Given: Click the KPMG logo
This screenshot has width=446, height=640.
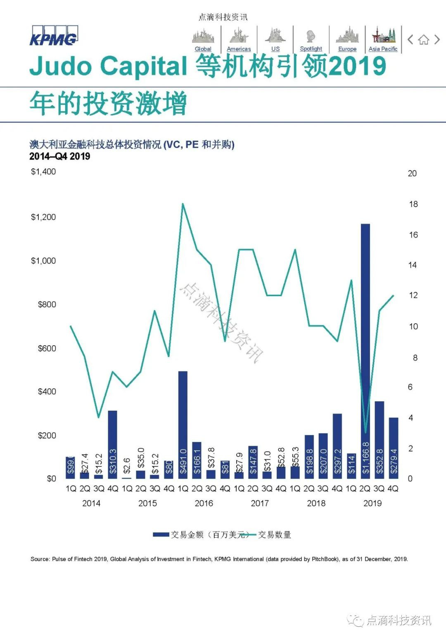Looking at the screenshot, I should click(53, 36).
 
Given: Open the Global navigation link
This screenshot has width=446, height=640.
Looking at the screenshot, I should click(203, 49).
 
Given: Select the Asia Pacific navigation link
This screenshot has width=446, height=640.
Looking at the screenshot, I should click(383, 49).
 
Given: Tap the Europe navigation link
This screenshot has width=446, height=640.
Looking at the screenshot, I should click(347, 49).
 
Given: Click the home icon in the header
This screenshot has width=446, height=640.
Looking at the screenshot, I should click(423, 40).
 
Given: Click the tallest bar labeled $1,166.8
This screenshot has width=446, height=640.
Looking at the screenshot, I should click(365, 351).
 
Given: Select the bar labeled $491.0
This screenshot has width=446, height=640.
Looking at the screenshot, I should click(183, 425).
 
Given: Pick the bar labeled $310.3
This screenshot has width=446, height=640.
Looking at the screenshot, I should click(112, 445).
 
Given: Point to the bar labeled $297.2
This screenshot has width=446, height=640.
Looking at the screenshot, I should click(337, 446).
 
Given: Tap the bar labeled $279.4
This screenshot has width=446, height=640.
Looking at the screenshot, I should click(394, 448).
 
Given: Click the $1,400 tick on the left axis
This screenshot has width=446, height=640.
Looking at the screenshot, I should click(43, 172).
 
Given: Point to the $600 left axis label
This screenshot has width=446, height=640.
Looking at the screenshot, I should click(47, 348).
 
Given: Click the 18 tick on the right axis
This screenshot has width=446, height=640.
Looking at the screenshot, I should click(413, 204).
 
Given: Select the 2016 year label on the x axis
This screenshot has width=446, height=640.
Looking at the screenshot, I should click(204, 503).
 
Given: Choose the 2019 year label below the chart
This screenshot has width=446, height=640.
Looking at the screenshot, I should click(372, 503).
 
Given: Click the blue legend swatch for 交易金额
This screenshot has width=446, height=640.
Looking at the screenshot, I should click(161, 535).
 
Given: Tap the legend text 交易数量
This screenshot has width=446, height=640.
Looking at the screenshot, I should click(275, 535).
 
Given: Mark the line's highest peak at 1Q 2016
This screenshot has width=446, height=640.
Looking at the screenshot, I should click(183, 204).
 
